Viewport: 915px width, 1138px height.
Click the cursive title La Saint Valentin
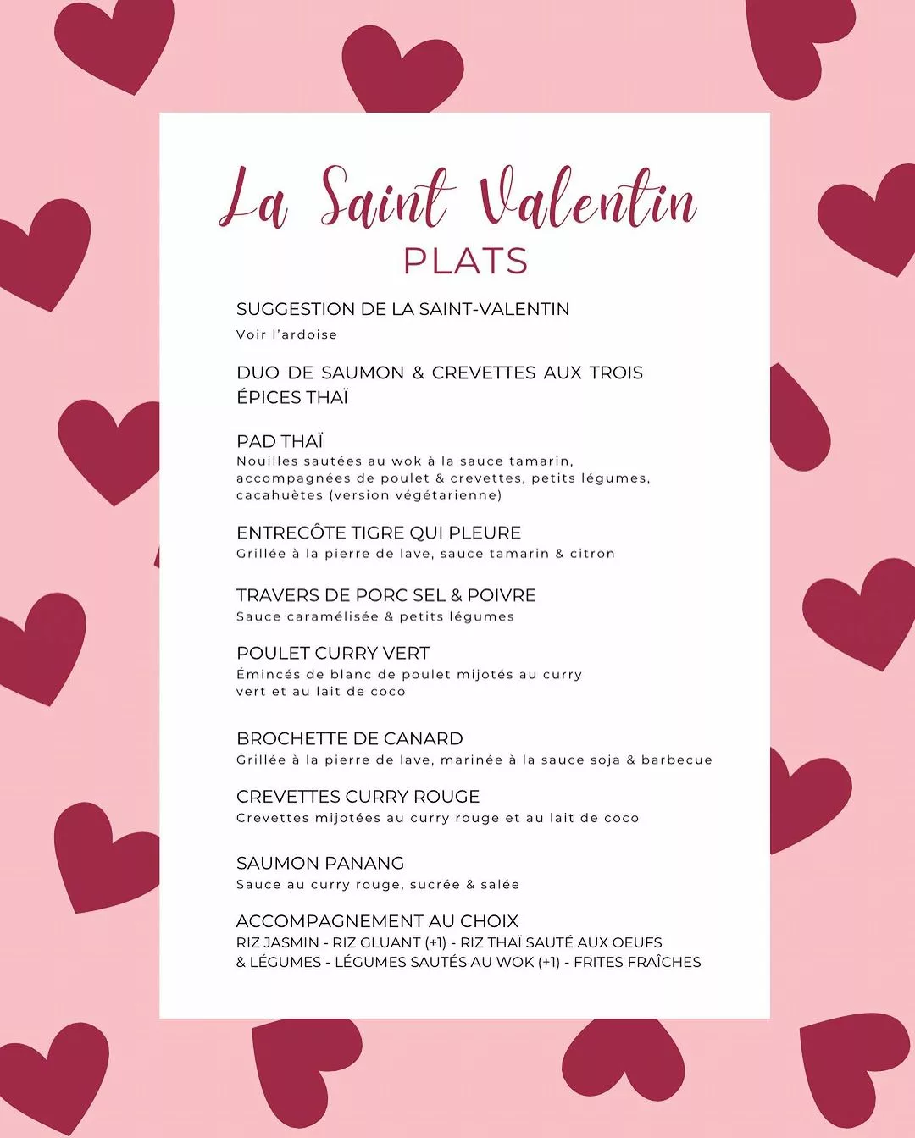point(457,200)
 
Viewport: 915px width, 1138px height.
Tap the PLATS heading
point(465,261)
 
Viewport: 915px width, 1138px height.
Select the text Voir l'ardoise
point(286,334)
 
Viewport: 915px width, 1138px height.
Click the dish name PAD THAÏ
point(280,441)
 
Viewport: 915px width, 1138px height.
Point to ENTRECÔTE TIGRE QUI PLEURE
point(379,533)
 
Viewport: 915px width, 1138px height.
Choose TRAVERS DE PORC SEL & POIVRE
point(385,595)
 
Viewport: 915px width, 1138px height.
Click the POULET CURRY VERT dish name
point(333,653)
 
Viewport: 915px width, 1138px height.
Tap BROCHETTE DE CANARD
point(349,738)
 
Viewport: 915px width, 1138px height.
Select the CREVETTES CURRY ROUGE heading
point(358,797)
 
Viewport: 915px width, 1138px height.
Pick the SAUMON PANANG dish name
point(320,863)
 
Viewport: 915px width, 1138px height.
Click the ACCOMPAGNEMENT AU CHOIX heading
point(377,921)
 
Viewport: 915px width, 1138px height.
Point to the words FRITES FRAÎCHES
point(637,962)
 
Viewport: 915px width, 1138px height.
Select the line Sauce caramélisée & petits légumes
point(375,616)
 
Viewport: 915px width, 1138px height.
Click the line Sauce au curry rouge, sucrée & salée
point(378,884)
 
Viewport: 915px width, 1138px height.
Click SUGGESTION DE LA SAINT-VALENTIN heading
point(402,309)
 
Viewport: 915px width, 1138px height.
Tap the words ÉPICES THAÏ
point(292,397)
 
